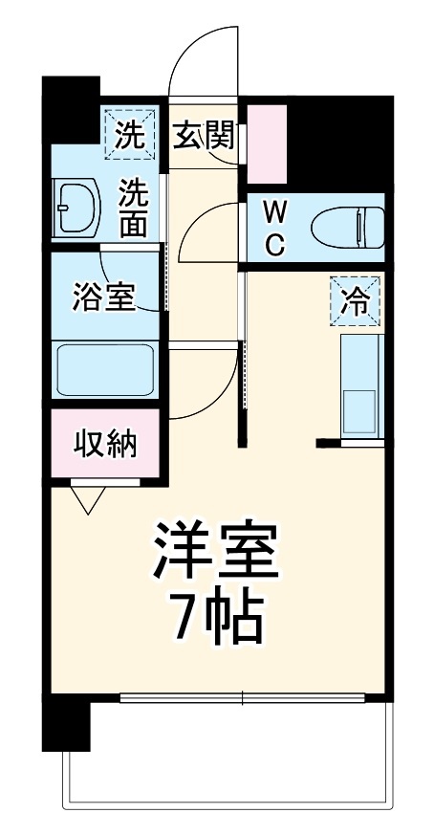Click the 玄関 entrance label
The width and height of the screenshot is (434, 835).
[204, 136]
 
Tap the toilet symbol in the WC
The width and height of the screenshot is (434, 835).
[350, 227]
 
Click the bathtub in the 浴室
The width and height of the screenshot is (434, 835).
[105, 371]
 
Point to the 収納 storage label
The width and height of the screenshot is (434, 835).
[105, 444]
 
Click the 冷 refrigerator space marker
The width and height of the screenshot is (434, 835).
[356, 301]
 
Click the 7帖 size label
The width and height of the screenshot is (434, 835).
[217, 619]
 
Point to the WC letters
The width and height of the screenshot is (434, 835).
[274, 227]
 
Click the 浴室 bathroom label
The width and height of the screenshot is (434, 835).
[104, 297]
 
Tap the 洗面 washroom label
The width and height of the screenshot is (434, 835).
[133, 208]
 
